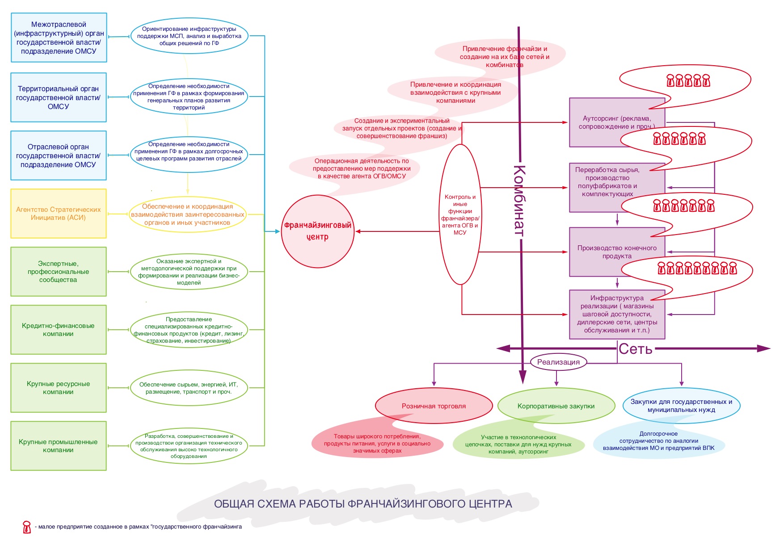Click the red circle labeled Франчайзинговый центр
click(317, 231)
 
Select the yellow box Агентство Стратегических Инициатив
click(59, 214)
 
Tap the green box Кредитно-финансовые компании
click(59, 330)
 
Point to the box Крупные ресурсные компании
click(59, 388)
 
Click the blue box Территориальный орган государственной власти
click(59, 97)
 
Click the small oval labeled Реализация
click(558, 362)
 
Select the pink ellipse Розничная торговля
click(434, 406)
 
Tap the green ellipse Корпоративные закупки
click(556, 406)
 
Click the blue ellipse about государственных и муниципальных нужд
click(681, 406)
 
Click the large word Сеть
click(635, 349)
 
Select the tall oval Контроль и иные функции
click(460, 214)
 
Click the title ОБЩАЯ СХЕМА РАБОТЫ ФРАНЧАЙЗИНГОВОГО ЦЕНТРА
click(363, 504)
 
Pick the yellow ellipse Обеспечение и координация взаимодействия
click(188, 214)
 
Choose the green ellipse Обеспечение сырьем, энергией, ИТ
click(189, 388)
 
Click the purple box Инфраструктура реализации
click(617, 314)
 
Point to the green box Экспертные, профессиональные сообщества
click(59, 272)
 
